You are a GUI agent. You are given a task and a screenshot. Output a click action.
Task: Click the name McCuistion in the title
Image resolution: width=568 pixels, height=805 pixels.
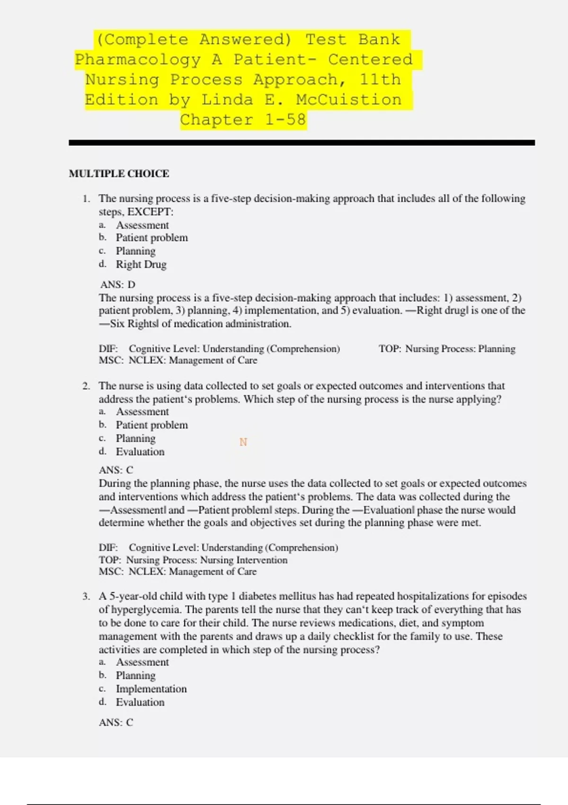pyautogui.click(x=349, y=99)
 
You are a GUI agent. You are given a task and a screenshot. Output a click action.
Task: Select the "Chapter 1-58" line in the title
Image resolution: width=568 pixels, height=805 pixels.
pyautogui.click(x=243, y=119)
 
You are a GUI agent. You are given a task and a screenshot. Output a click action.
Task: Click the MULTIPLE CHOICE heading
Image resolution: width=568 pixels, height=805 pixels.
pyautogui.click(x=119, y=173)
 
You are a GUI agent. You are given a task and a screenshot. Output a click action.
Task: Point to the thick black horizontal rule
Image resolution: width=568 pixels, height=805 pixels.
pyautogui.click(x=302, y=143)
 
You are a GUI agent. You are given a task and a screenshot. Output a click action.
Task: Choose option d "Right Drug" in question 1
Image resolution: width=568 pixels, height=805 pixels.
pyautogui.click(x=141, y=264)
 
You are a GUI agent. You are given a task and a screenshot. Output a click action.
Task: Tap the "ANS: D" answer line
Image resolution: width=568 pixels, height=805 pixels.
pyautogui.click(x=118, y=285)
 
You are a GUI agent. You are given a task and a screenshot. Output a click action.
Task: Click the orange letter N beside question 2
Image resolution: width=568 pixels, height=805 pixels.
pyautogui.click(x=243, y=442)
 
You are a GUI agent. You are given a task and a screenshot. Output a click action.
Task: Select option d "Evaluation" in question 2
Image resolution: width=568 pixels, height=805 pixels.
pyautogui.click(x=140, y=452)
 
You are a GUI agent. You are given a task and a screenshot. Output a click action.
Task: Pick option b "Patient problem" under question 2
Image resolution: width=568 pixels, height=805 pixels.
pyautogui.click(x=151, y=425)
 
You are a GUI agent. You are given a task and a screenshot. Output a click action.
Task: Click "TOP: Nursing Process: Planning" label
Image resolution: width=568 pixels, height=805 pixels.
pyautogui.click(x=446, y=349)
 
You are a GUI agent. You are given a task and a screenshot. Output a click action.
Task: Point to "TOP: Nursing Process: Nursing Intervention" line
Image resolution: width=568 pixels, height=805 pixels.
pyautogui.click(x=193, y=560)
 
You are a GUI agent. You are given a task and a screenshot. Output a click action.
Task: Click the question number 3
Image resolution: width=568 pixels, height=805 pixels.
pyautogui.click(x=86, y=596)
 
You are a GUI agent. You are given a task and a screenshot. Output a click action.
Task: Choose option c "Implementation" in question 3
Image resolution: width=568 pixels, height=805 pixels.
pyautogui.click(x=151, y=689)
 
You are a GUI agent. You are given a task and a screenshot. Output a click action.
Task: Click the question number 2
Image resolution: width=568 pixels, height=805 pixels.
pyautogui.click(x=86, y=386)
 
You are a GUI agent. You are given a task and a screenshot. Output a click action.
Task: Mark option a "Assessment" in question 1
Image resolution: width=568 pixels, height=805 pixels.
pyautogui.click(x=142, y=225)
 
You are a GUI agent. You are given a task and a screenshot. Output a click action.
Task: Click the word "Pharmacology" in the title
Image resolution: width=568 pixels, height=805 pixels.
pyautogui.click(x=138, y=59)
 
